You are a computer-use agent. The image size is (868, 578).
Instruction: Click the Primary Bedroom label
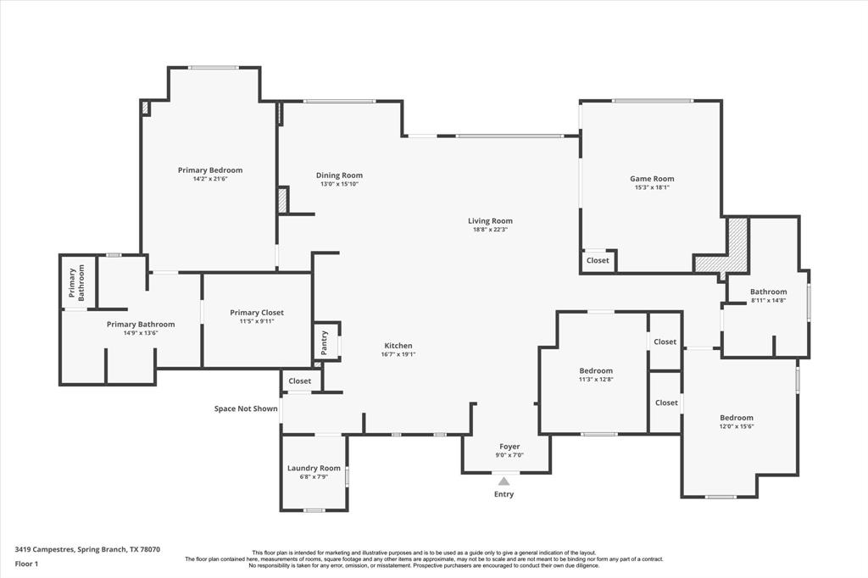pyautogui.click(x=210, y=170)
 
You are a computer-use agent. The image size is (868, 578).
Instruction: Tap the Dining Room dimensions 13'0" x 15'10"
pyautogui.click(x=339, y=184)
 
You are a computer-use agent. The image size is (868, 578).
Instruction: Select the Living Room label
pyautogui.click(x=490, y=221)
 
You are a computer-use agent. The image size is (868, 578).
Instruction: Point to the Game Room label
pyautogui.click(x=652, y=179)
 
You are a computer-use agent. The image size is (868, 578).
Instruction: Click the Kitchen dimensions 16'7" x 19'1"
pyautogui.click(x=398, y=354)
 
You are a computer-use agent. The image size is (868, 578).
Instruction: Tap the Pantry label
pyautogui.click(x=325, y=342)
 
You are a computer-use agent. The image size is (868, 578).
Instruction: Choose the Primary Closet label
pyautogui.click(x=257, y=313)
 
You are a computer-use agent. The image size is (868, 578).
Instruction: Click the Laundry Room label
pyautogui.click(x=314, y=469)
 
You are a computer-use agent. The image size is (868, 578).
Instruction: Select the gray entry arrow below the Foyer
pyautogui.click(x=504, y=481)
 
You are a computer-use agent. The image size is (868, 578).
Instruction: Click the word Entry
pyautogui.click(x=504, y=494)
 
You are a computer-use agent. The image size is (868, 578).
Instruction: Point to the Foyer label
pyautogui.click(x=509, y=447)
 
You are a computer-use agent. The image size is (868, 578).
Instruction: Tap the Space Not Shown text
pyautogui.click(x=246, y=408)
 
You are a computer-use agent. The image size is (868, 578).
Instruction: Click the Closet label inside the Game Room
pyautogui.click(x=598, y=260)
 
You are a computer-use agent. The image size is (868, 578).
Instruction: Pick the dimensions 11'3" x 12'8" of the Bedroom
pyautogui.click(x=596, y=380)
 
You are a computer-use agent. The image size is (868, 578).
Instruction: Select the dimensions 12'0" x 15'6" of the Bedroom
pyautogui.click(x=737, y=427)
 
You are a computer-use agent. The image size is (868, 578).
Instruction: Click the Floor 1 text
pyautogui.click(x=26, y=564)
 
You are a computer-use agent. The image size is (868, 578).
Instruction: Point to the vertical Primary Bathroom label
pyautogui.click(x=77, y=282)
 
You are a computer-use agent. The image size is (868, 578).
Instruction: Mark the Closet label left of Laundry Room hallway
pyautogui.click(x=299, y=381)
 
